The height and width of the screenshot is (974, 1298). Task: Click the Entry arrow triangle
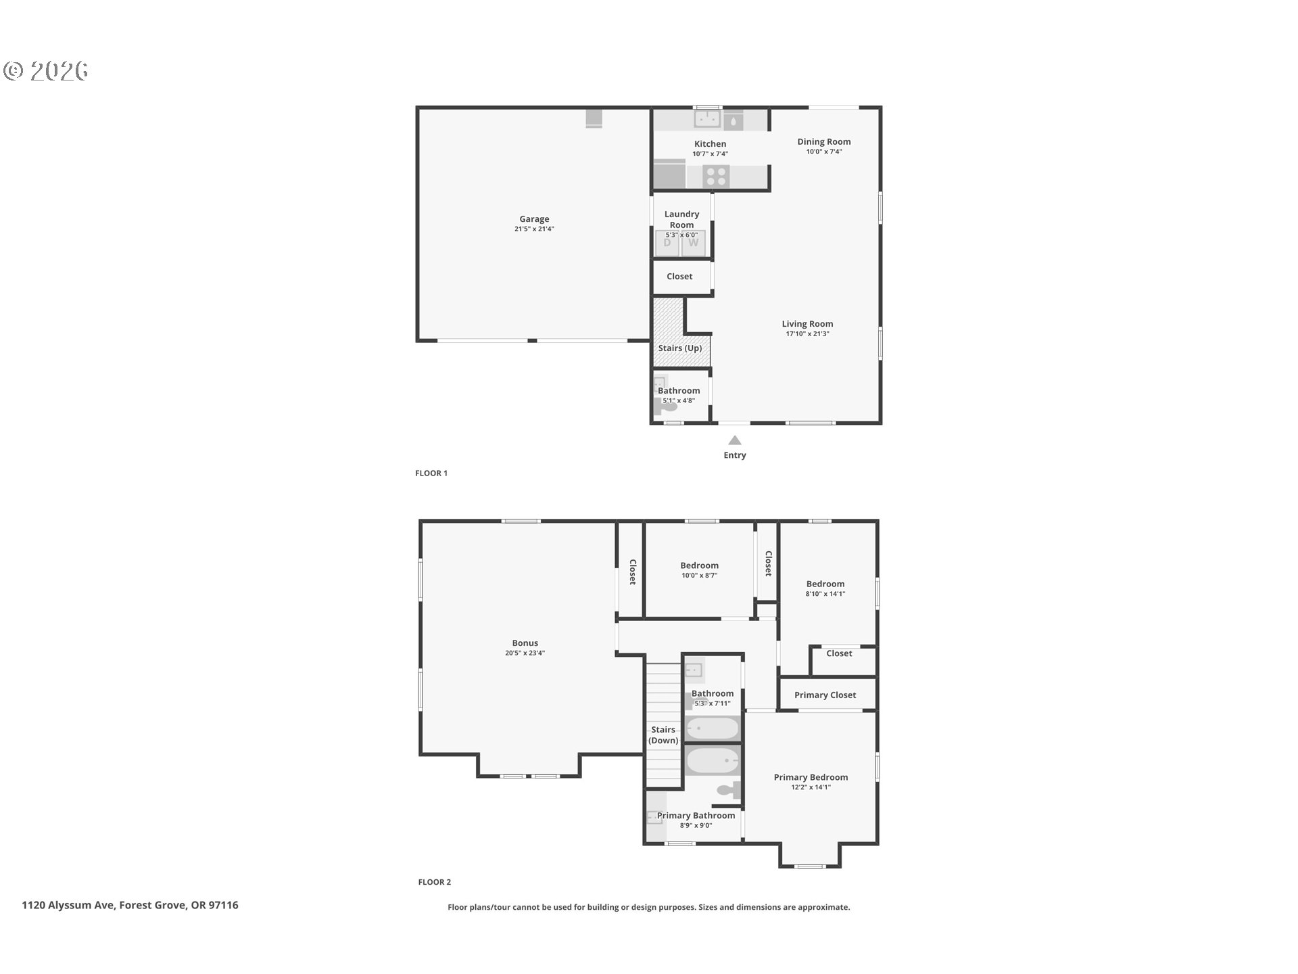click(735, 440)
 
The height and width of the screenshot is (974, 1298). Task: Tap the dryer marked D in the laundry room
click(667, 243)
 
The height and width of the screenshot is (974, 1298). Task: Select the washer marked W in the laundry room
click(693, 243)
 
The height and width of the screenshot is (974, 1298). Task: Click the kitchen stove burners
click(716, 177)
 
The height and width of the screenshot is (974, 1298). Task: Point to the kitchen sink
click(708, 118)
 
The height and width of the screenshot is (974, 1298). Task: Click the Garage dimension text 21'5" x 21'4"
click(534, 229)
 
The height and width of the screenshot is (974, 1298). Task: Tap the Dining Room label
click(824, 141)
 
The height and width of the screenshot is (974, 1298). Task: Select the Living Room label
click(808, 324)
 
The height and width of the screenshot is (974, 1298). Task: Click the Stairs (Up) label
click(680, 348)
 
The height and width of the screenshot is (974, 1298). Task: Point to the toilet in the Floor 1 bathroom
click(665, 405)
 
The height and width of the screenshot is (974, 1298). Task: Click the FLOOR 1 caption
click(431, 473)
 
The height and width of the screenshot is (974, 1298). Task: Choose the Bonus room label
click(525, 643)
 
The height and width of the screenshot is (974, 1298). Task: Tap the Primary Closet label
click(825, 695)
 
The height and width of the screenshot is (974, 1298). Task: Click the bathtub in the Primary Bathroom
click(713, 761)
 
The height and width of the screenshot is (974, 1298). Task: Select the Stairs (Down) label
click(663, 735)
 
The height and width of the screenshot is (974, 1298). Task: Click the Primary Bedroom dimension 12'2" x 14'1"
click(811, 787)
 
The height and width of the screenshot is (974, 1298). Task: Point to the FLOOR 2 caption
click(435, 882)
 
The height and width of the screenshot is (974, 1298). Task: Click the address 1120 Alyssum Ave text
click(68, 905)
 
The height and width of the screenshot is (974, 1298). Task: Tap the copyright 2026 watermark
click(46, 70)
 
